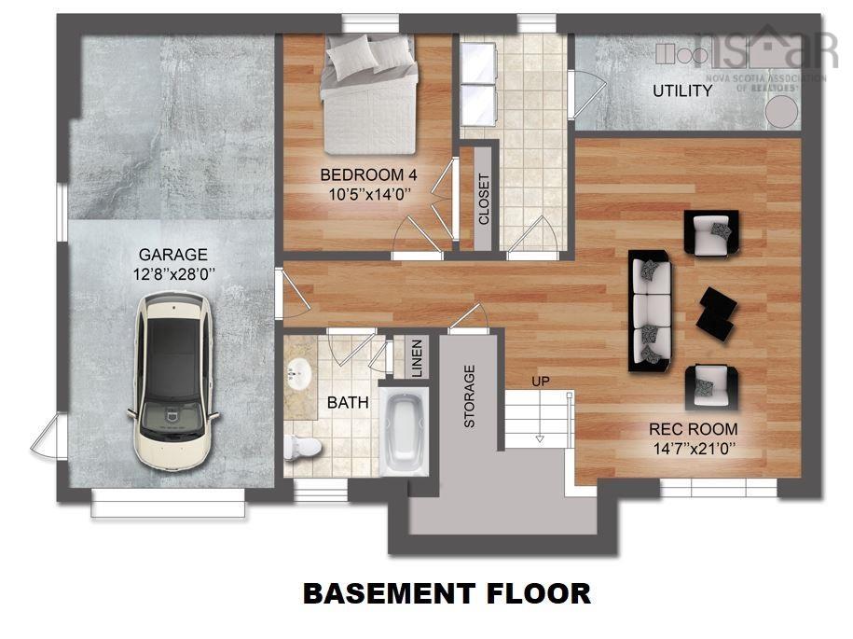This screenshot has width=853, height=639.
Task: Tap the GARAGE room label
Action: pyautogui.click(x=172, y=254)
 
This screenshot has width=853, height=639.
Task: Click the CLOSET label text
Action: pyautogui.click(x=484, y=199)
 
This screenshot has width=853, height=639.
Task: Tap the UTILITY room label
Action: pyautogui.click(x=681, y=91)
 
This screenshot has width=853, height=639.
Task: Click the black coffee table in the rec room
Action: pyautogui.click(x=717, y=310)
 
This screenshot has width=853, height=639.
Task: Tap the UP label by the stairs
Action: pyautogui.click(x=540, y=382)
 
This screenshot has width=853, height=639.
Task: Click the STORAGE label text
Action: pyautogui.click(x=469, y=396)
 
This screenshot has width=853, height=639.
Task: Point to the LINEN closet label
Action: pyautogui.click(x=417, y=358)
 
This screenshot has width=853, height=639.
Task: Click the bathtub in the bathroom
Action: pyautogui.click(x=405, y=429)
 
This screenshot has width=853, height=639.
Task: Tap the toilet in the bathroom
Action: pyautogui.click(x=302, y=447)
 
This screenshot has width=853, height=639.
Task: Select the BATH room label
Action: pyautogui.click(x=347, y=403)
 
